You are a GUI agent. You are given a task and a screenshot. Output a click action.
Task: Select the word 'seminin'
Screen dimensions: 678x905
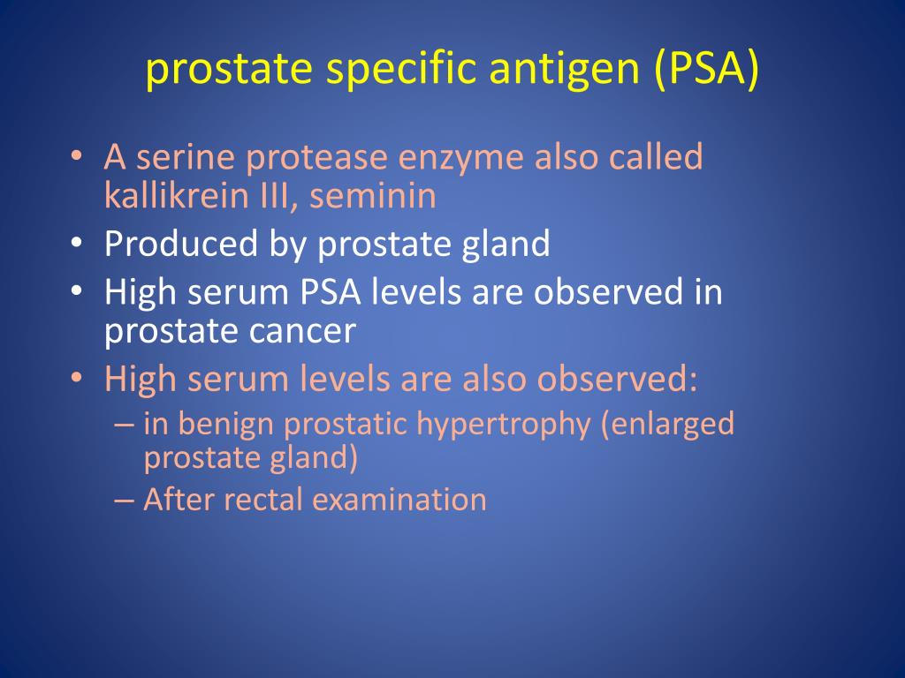[x=373, y=195]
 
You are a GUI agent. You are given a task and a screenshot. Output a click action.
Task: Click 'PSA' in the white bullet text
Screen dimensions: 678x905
[x=320, y=292]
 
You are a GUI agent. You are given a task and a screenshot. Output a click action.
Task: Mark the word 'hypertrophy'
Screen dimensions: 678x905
[x=503, y=425]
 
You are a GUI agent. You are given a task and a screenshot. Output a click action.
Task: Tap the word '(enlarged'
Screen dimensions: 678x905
[x=667, y=425]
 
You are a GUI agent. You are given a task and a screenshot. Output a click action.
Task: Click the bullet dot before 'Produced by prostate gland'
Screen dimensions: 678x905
[x=78, y=245]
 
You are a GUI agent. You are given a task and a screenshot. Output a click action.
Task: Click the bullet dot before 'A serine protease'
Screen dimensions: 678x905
[x=78, y=159]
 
